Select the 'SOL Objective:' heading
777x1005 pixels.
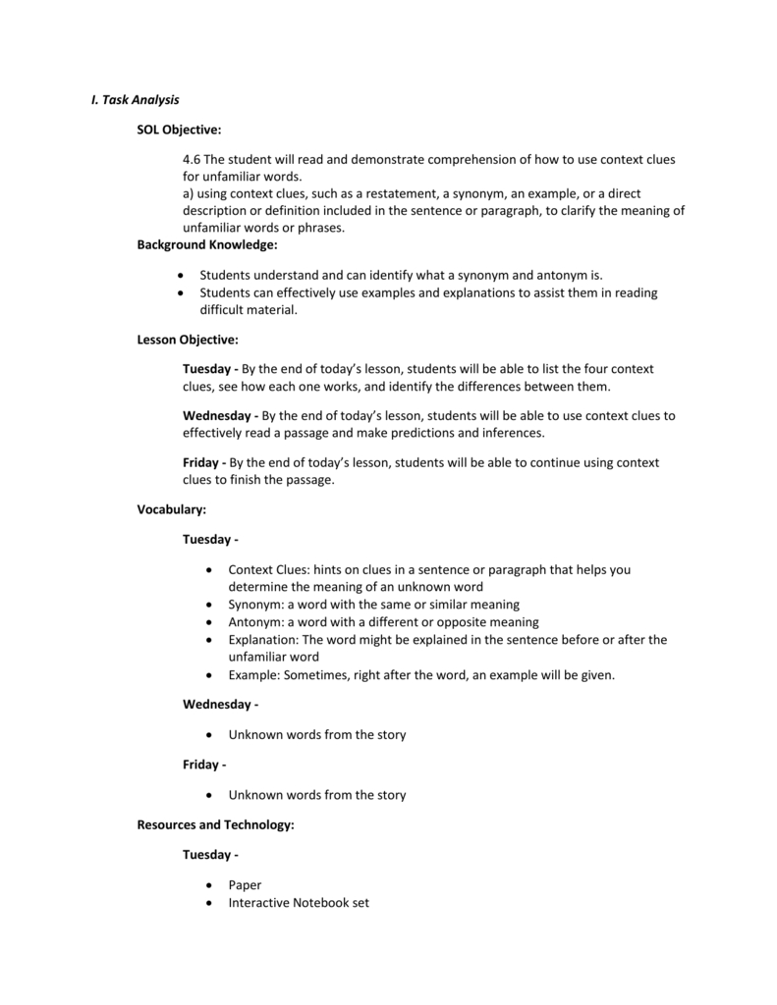point(179,129)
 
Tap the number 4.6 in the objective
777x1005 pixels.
point(192,159)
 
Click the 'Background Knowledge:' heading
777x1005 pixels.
point(207,244)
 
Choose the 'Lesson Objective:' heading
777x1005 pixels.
point(188,340)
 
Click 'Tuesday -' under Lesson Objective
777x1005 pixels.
point(210,369)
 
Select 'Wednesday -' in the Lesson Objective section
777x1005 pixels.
point(220,415)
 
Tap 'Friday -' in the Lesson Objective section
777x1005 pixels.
point(204,462)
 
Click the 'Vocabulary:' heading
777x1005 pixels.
point(171,509)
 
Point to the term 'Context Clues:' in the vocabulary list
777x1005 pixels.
point(268,569)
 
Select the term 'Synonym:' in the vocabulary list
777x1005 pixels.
point(255,605)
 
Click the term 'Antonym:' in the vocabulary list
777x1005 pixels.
point(255,622)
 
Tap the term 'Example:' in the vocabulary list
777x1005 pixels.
point(254,675)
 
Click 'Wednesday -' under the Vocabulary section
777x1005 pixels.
point(220,704)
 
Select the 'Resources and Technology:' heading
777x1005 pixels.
point(215,825)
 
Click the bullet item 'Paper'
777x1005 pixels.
point(245,884)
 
